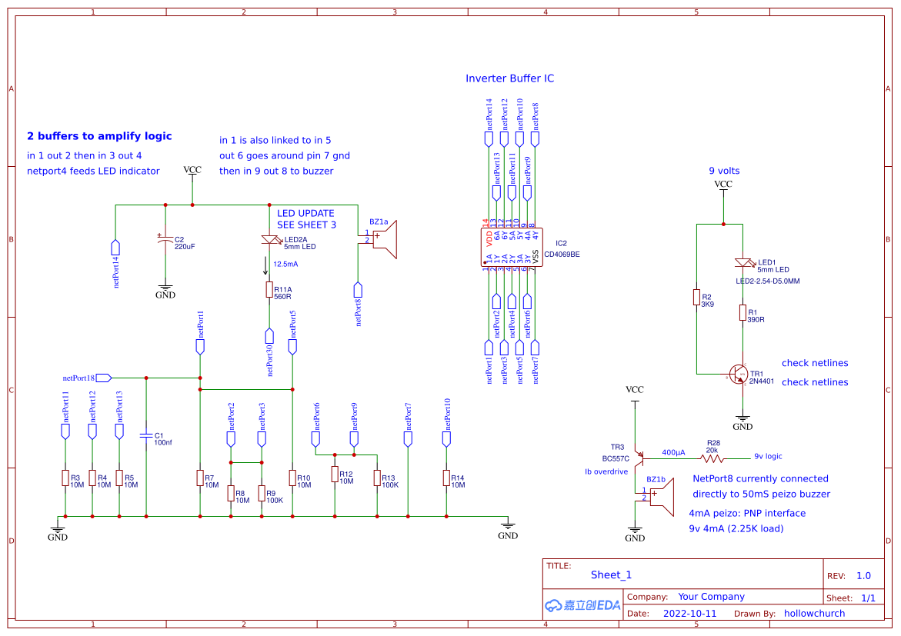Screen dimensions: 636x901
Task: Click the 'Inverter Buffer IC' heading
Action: point(509,78)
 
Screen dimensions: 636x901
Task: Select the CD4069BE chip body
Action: point(512,248)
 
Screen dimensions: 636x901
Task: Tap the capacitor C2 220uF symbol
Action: point(165,241)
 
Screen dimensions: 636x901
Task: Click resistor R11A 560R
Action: point(269,290)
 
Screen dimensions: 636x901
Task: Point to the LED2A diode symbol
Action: point(269,241)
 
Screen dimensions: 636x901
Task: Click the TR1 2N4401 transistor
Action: point(739,374)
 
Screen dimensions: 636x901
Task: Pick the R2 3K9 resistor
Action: point(696,298)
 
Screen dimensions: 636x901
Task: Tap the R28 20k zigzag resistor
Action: point(712,458)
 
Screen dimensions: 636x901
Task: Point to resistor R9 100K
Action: point(262,493)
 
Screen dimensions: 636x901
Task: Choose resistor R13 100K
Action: point(377,478)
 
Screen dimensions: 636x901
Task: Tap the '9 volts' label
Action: point(723,171)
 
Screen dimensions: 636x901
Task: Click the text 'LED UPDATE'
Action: point(305,213)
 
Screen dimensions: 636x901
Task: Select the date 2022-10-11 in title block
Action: point(689,614)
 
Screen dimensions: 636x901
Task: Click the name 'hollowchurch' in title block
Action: point(814,614)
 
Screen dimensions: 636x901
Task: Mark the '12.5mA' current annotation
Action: point(285,264)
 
